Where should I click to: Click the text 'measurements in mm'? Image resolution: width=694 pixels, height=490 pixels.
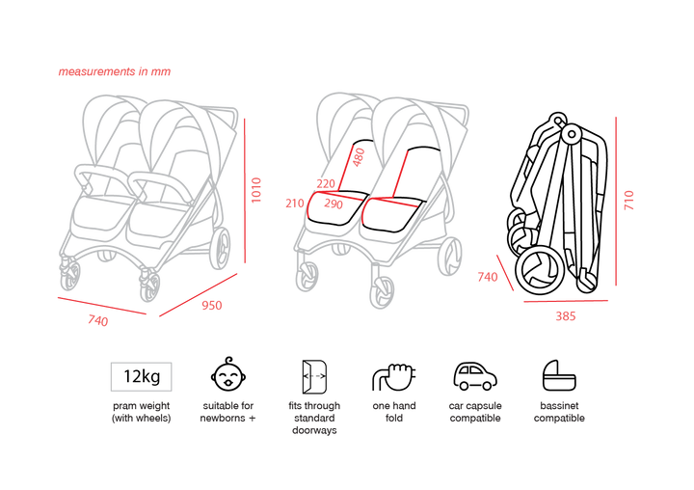114,71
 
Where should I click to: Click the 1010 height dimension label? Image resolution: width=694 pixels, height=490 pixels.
256,190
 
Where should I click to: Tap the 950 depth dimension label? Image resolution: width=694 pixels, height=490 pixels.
211,305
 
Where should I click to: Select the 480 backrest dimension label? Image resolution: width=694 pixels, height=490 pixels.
359,157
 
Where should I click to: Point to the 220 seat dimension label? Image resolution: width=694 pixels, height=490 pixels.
326,183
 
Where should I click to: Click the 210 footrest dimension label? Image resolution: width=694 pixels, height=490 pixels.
295,204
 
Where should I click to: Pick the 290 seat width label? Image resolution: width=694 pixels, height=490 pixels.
334,204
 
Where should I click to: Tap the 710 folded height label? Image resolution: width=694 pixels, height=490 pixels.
628,201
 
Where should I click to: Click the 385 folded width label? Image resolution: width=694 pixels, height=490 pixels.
566,315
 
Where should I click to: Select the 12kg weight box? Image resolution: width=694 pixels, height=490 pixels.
141,376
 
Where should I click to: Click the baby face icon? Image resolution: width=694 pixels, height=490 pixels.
228,375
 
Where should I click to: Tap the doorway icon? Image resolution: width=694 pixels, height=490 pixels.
314,376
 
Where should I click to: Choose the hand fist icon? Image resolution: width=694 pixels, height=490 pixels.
394,377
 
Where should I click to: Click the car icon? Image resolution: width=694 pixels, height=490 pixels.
475,376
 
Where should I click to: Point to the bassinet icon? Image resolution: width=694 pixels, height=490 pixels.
559,375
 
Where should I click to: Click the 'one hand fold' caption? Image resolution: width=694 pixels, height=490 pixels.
394,412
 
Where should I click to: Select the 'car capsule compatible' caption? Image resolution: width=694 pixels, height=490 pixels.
475,412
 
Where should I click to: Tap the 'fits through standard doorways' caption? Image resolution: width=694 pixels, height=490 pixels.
314,418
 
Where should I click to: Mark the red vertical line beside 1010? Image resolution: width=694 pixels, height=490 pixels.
245,191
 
